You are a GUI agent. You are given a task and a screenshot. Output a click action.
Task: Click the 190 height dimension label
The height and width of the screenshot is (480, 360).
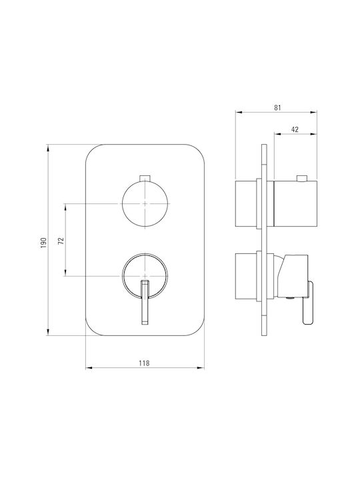[44, 242]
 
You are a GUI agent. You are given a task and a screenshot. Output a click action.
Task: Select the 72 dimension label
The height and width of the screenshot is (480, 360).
[61, 241]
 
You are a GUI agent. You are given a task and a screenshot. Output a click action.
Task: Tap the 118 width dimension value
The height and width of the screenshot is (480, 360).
[144, 363]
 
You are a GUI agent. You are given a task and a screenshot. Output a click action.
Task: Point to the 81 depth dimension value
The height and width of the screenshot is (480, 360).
[277, 108]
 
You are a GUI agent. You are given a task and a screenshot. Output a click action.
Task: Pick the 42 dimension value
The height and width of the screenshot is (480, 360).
[295, 129]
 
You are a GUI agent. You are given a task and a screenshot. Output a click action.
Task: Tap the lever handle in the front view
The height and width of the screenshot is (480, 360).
[145, 302]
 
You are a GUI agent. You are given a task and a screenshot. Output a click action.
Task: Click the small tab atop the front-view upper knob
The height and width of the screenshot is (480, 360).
[145, 178]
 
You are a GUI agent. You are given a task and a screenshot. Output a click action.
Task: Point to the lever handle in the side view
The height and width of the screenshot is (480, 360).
[308, 303]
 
